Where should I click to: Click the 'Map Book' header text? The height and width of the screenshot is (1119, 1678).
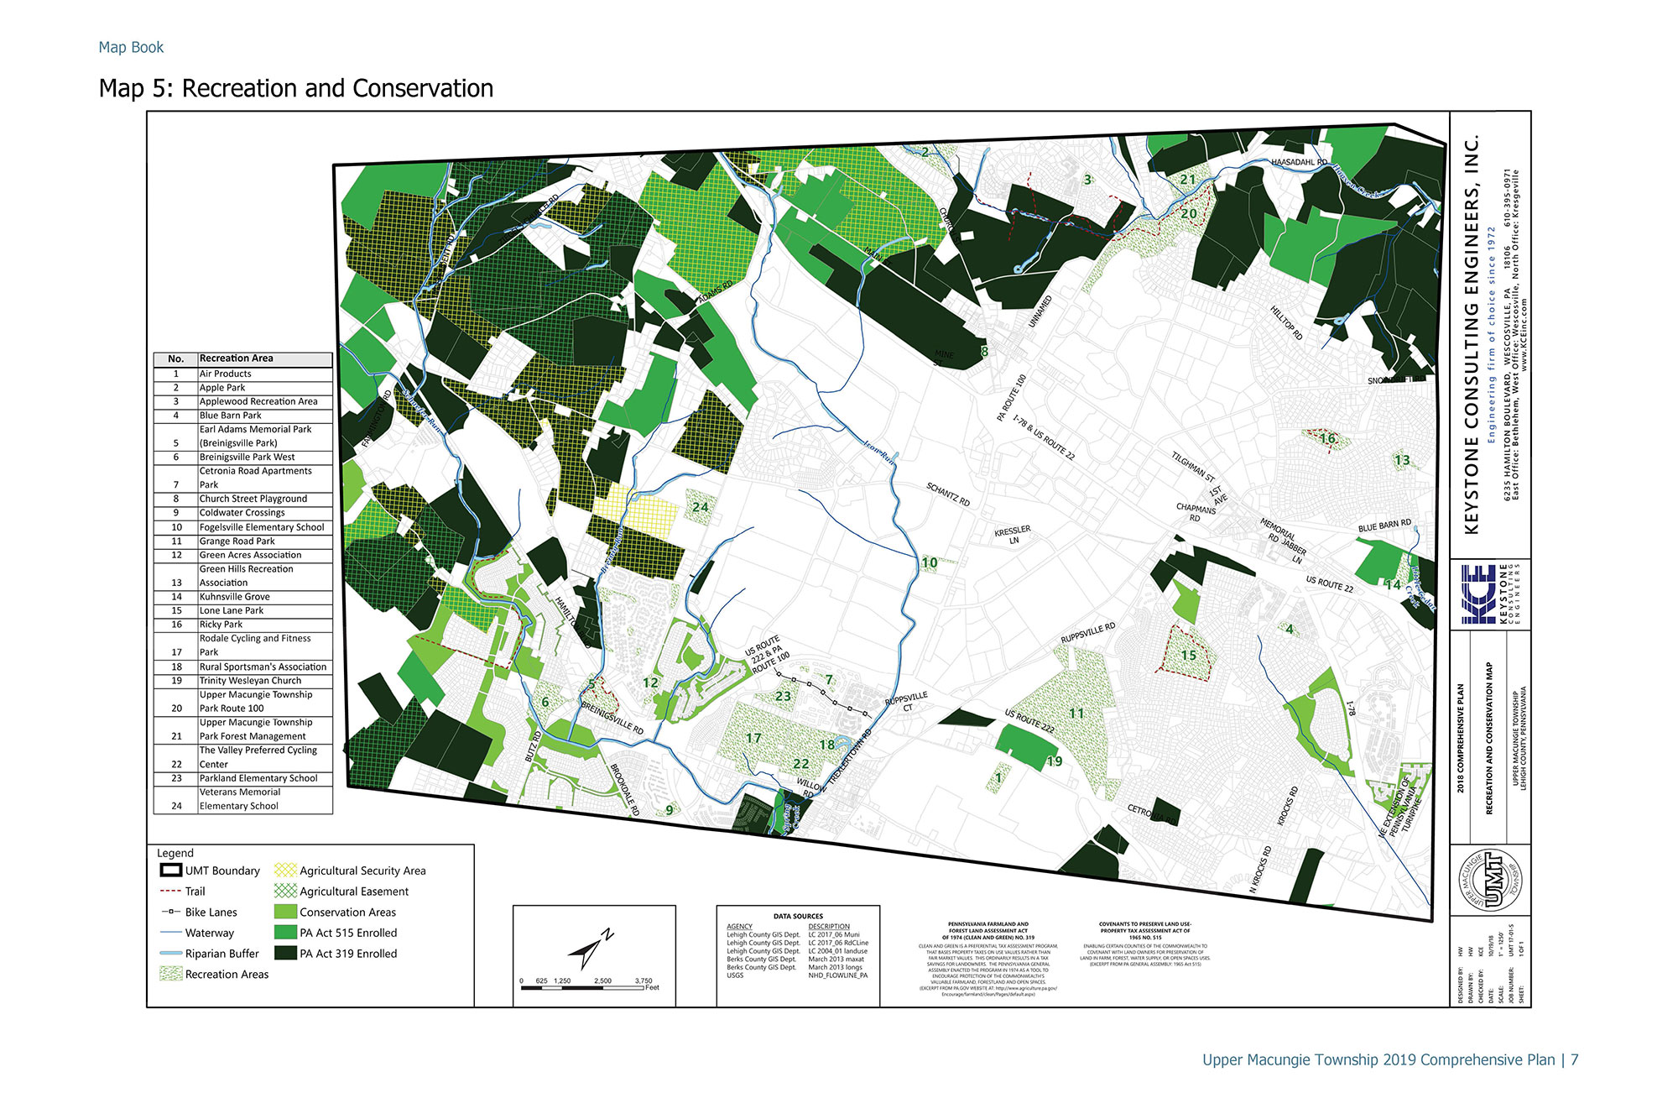[131, 48]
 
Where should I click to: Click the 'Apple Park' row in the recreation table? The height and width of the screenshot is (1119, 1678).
[222, 388]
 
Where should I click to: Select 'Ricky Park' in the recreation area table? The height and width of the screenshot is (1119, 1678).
[221, 625]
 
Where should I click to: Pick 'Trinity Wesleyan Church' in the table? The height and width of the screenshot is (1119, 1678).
[250, 681]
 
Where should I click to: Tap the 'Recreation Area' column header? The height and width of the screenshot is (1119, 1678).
[237, 358]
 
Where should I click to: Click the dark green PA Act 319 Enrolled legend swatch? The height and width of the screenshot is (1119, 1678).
[286, 954]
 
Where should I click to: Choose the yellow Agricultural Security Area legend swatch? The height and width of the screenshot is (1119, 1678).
[286, 871]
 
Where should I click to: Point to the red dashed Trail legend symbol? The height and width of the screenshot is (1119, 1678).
[170, 892]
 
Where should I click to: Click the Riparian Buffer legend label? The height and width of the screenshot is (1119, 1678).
[222, 954]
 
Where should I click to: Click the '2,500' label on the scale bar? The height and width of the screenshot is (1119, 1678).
[602, 980]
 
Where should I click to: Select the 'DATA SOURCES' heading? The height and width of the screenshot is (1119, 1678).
[798, 916]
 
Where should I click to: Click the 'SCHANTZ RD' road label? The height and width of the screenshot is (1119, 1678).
[948, 494]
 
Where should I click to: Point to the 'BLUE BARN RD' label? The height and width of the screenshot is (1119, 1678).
[1384, 526]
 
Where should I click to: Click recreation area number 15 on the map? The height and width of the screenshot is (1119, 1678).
[1189, 656]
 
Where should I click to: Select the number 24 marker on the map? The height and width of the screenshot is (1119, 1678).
[701, 507]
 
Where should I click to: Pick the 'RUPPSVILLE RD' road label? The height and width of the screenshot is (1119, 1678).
[1088, 633]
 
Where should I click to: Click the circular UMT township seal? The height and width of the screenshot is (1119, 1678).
[1490, 879]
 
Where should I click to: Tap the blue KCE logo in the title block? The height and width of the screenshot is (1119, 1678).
[1478, 594]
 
